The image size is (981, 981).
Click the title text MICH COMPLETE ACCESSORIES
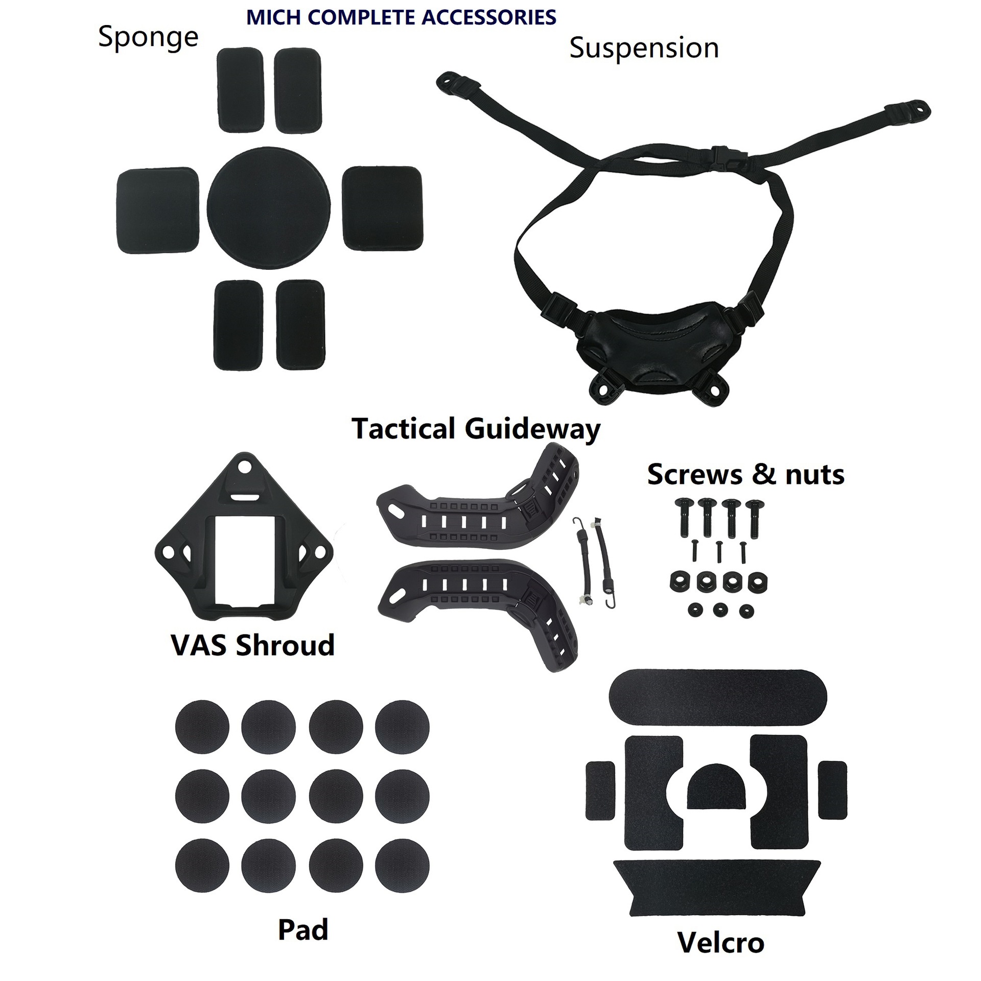[401, 18]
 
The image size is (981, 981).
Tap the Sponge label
[148, 37]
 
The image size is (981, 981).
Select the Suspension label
[644, 49]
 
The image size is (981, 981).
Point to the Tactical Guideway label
[476, 429]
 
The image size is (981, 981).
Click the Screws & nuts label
[745, 475]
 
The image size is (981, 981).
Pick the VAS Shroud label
[253, 645]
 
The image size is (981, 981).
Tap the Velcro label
[721, 943]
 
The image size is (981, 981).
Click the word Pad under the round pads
[303, 929]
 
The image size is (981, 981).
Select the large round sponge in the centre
[269, 208]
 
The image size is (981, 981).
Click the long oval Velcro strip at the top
[718, 697]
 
